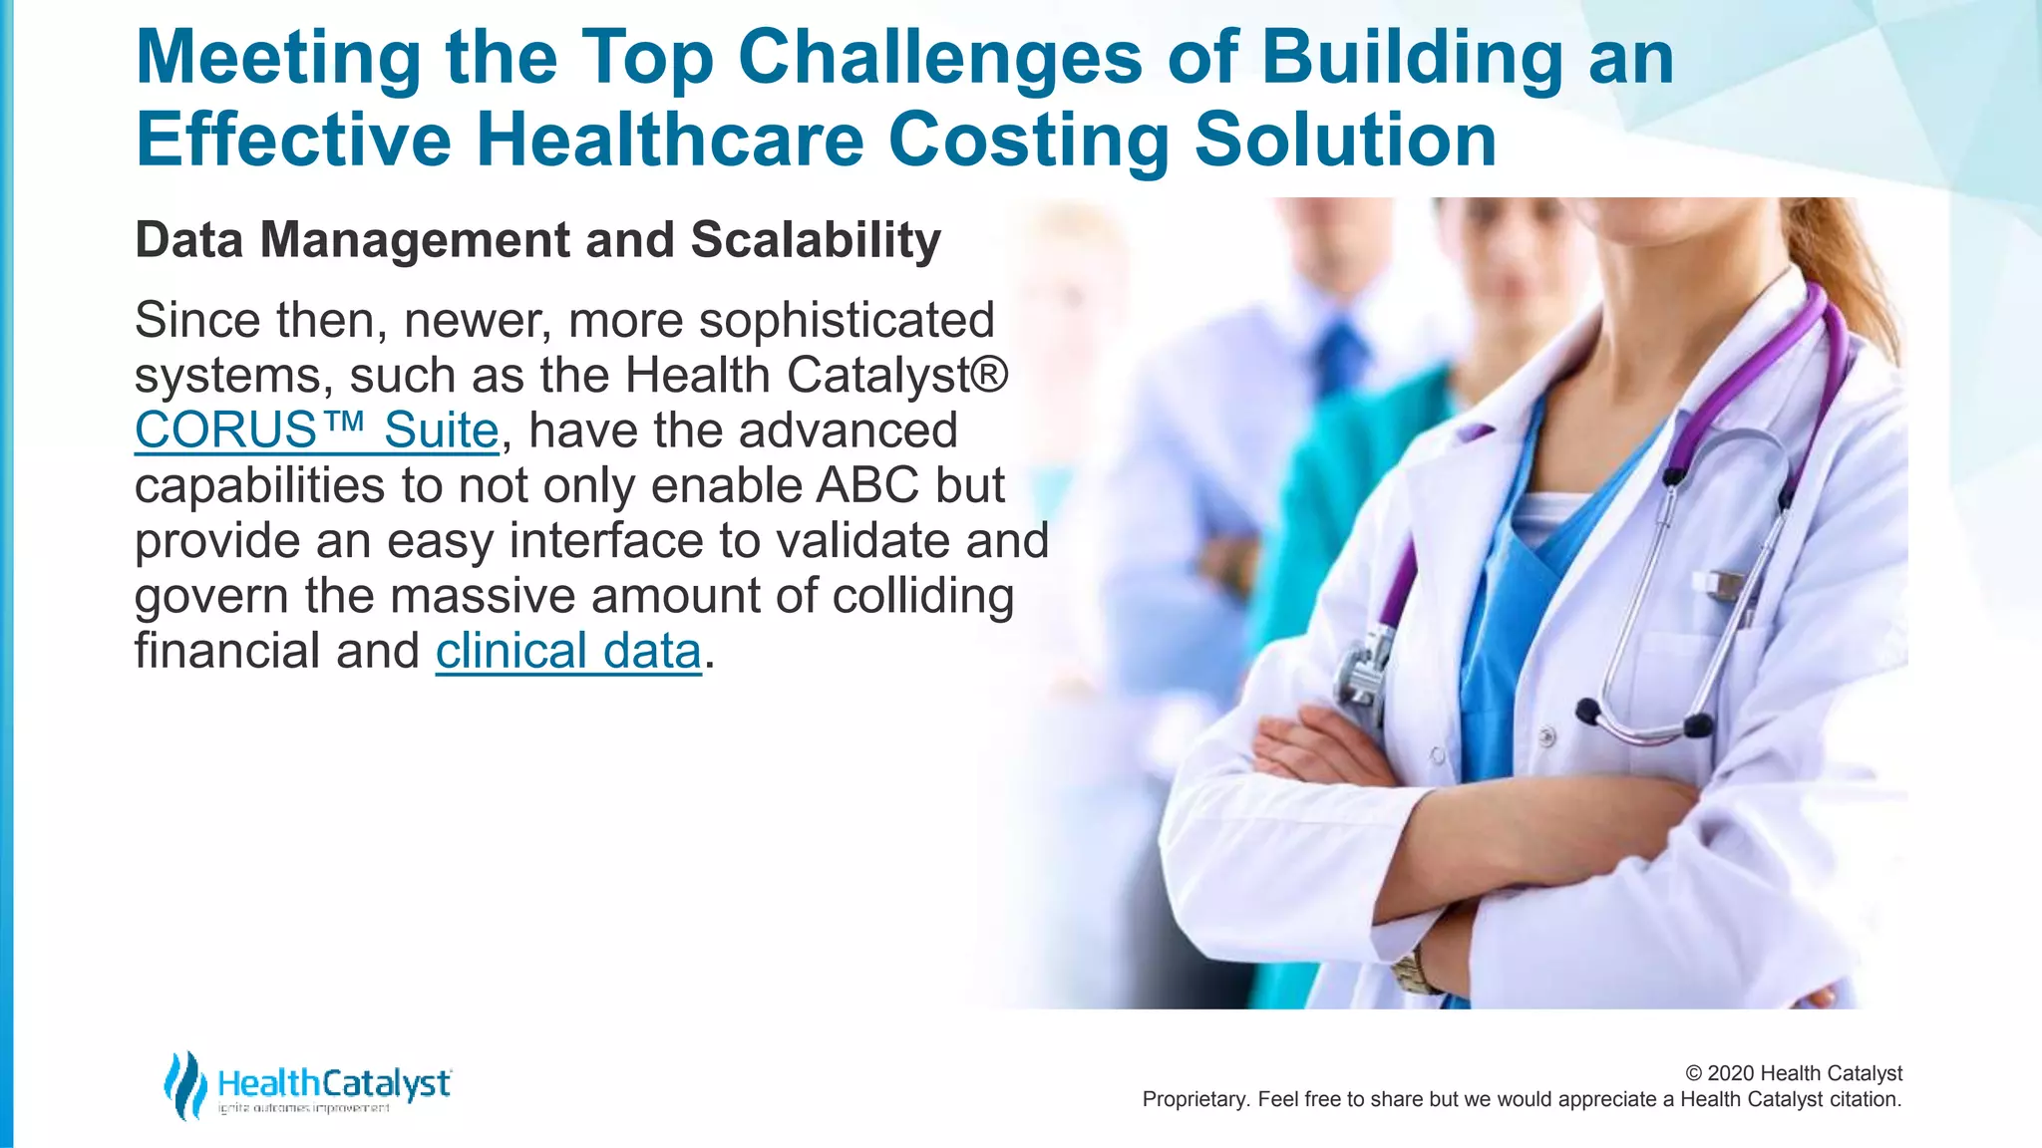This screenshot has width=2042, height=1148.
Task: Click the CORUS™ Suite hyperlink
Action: pos(316,430)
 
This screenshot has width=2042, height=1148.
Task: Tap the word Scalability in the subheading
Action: pos(815,240)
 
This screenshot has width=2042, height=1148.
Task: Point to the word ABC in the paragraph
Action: pos(867,485)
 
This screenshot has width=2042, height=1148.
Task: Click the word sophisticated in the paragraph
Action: pos(847,320)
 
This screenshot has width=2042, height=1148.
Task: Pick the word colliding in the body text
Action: pos(922,596)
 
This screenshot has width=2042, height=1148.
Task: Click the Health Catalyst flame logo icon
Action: pos(185,1084)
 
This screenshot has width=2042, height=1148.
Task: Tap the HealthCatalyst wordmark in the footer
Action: pos(334,1083)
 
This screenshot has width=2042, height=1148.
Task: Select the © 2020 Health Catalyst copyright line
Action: pos(1793,1073)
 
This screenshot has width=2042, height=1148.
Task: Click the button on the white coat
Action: pos(1546,737)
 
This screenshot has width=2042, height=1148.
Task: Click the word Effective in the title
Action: pos(293,140)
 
